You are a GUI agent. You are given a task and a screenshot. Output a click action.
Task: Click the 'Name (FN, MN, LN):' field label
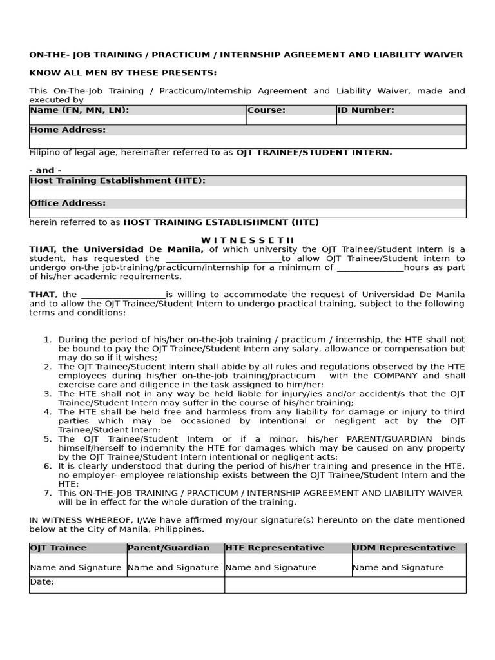[79, 110]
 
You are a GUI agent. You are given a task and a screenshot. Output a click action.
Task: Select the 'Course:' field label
[266, 110]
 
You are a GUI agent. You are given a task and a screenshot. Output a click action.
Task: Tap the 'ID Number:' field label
[365, 110]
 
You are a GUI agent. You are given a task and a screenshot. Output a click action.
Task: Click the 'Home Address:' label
[68, 130]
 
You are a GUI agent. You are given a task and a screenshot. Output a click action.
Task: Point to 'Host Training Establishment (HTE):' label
[117, 180]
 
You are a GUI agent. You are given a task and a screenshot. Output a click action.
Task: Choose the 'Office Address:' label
[68, 203]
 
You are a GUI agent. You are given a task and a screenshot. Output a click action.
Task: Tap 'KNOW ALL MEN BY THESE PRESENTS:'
[122, 73]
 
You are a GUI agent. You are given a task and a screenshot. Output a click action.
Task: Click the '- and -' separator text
[45, 171]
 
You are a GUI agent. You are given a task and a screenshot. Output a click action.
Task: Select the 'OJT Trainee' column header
[58, 548]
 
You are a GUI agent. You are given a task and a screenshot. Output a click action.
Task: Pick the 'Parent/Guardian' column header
[168, 548]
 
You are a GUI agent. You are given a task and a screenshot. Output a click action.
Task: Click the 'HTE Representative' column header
[275, 548]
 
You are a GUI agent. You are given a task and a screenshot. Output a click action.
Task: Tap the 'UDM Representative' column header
[403, 548]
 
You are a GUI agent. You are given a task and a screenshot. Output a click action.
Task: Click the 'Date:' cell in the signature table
[42, 582]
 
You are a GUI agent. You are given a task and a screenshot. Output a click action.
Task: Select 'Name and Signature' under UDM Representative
[398, 568]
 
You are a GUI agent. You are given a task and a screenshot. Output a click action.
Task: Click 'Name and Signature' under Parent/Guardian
[173, 568]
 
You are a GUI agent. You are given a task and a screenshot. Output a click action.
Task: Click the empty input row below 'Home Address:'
[247, 142]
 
